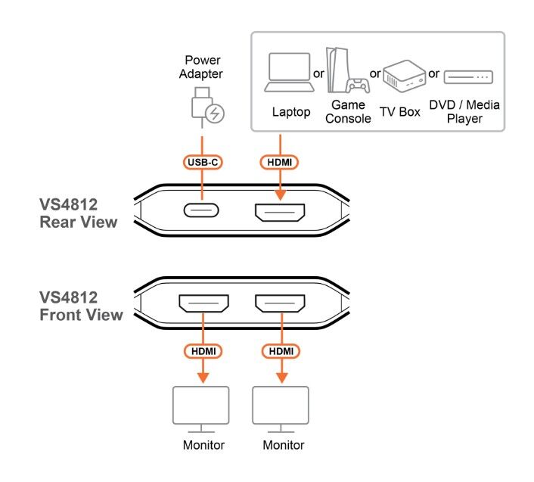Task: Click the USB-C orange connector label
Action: pyautogui.click(x=202, y=162)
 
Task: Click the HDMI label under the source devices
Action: pyautogui.click(x=280, y=162)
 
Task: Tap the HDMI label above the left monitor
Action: pyautogui.click(x=202, y=352)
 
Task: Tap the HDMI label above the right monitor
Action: pyautogui.click(x=280, y=352)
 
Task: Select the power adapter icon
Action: pyautogui.click(x=205, y=107)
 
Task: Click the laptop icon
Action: pyautogui.click(x=288, y=73)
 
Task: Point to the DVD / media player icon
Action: pyautogui.click(x=467, y=77)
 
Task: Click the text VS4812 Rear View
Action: pyautogui.click(x=79, y=213)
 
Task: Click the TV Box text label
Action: pyautogui.click(x=399, y=112)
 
